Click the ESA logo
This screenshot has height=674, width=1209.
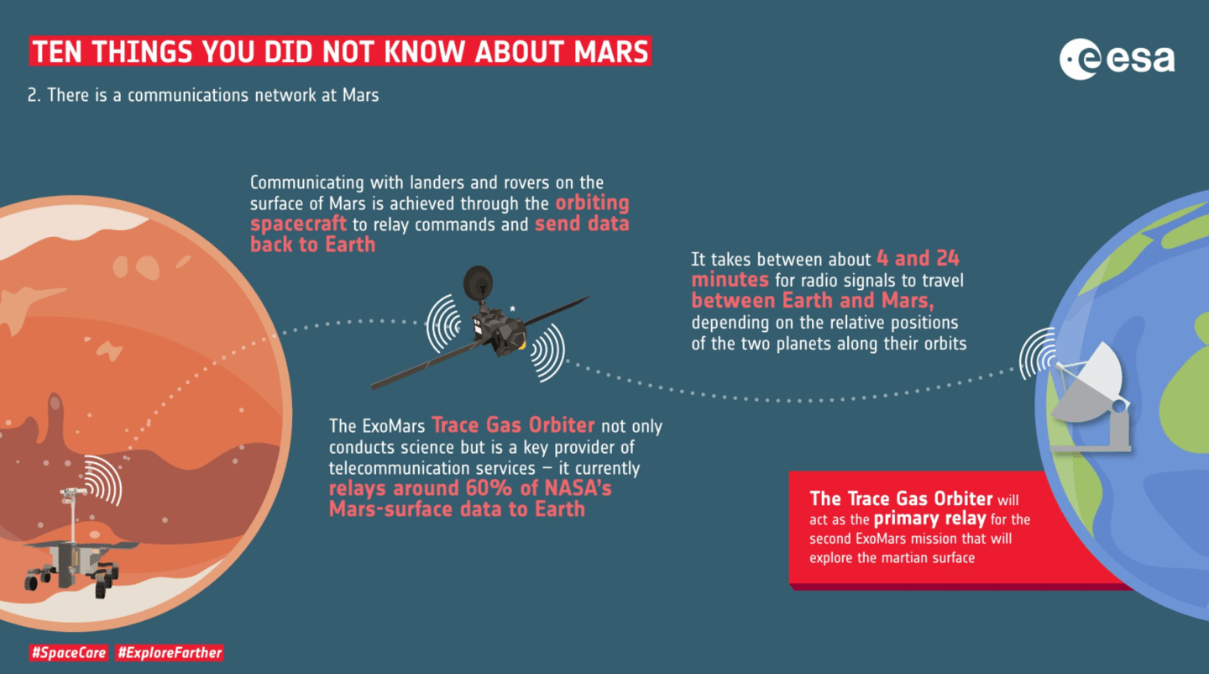(1117, 59)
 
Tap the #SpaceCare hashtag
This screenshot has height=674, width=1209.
(69, 653)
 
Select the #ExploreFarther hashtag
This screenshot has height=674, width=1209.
(170, 653)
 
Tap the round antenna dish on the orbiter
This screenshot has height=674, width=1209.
(479, 282)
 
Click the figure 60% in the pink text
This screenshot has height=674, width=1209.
(489, 488)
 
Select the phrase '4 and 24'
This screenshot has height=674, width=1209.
(918, 259)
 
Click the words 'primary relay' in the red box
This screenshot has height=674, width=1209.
(929, 519)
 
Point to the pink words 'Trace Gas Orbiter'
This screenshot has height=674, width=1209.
(513, 425)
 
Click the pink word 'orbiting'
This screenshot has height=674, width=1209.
(592, 203)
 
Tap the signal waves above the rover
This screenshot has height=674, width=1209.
(105, 480)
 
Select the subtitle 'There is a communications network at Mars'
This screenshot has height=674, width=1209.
(212, 95)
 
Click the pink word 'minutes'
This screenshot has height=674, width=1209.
(730, 280)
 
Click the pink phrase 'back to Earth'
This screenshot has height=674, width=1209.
(312, 245)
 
